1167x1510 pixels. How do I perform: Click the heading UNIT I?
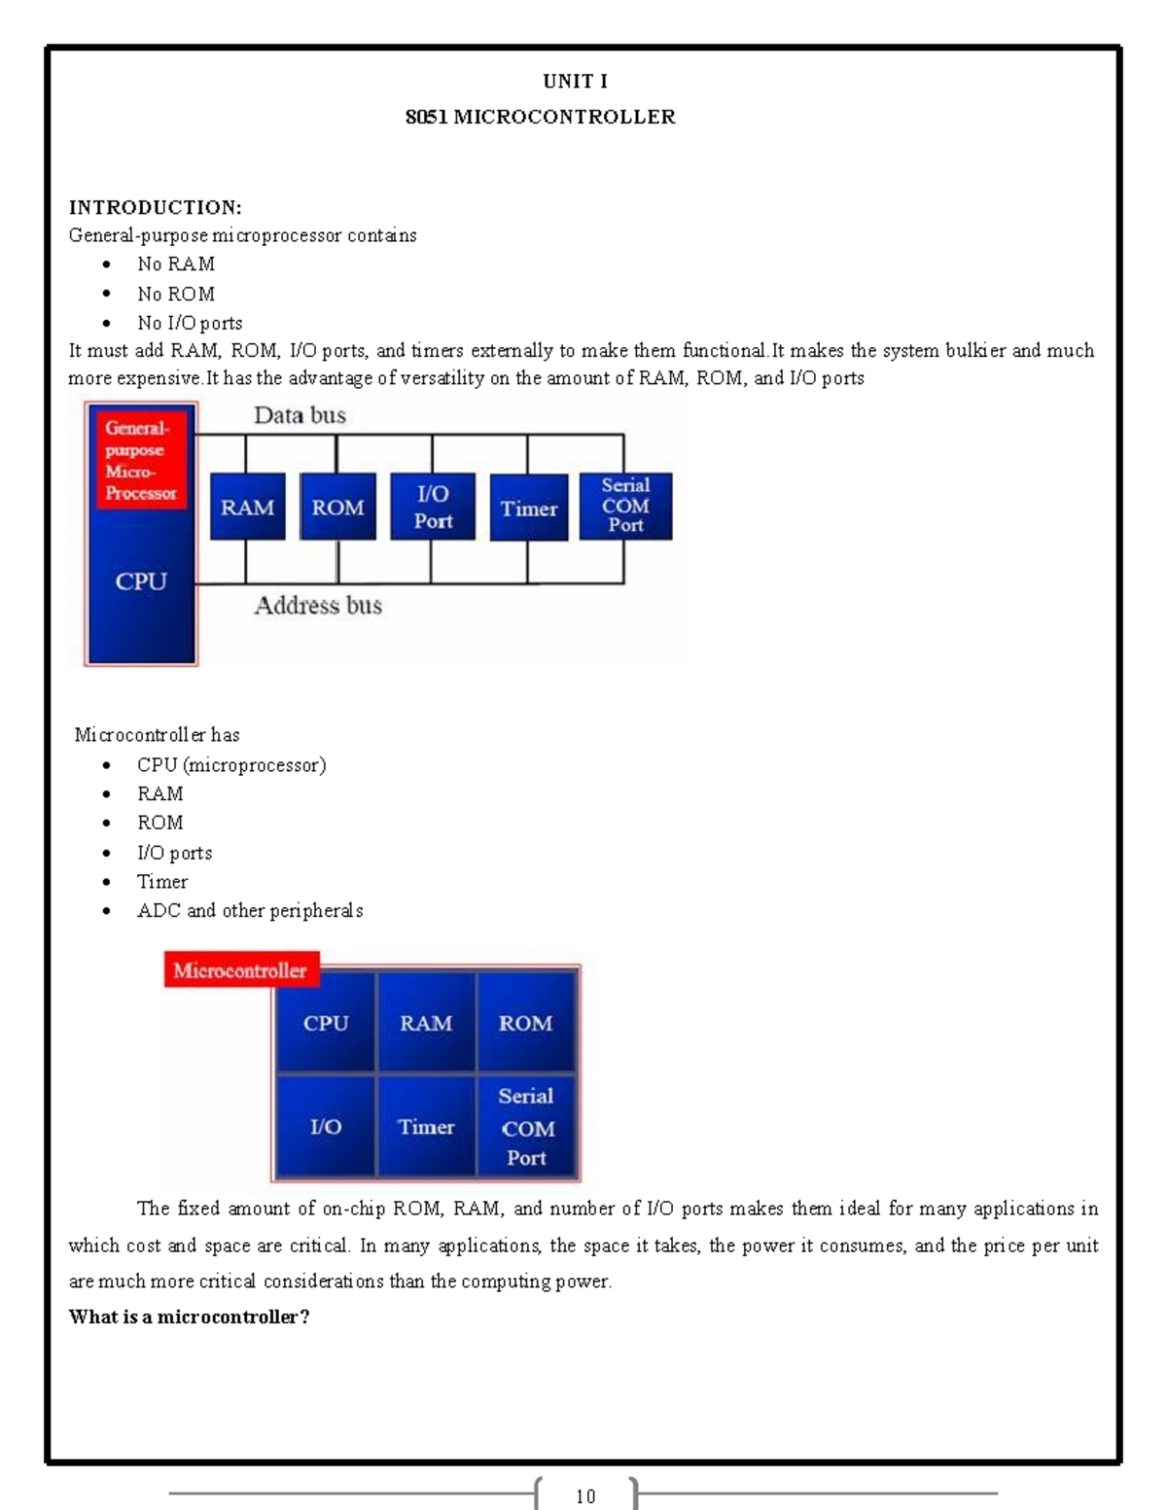575,82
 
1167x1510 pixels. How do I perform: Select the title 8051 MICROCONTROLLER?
540,118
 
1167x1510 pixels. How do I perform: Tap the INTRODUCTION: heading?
155,207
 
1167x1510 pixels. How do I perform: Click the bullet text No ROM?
175,294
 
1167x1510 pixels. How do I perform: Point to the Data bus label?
300,416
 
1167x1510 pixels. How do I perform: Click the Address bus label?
318,606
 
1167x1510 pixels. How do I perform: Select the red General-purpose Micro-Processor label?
141,460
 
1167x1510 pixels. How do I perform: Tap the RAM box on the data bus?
247,508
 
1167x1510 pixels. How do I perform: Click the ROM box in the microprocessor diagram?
337,508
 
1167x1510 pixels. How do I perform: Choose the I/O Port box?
433,507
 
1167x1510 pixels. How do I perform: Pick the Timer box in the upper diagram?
529,509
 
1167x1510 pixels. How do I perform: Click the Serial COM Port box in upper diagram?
625,506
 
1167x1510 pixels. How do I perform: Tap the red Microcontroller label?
240,970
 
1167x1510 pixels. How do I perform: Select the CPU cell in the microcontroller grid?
326,1023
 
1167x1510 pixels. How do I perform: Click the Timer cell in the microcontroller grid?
426,1127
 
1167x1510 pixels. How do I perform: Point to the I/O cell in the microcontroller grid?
326,1127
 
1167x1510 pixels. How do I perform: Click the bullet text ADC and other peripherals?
250,911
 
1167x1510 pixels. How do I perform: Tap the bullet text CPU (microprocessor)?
231,765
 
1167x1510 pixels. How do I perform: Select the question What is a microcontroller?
189,1317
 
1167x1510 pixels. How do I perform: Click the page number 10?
585,1496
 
